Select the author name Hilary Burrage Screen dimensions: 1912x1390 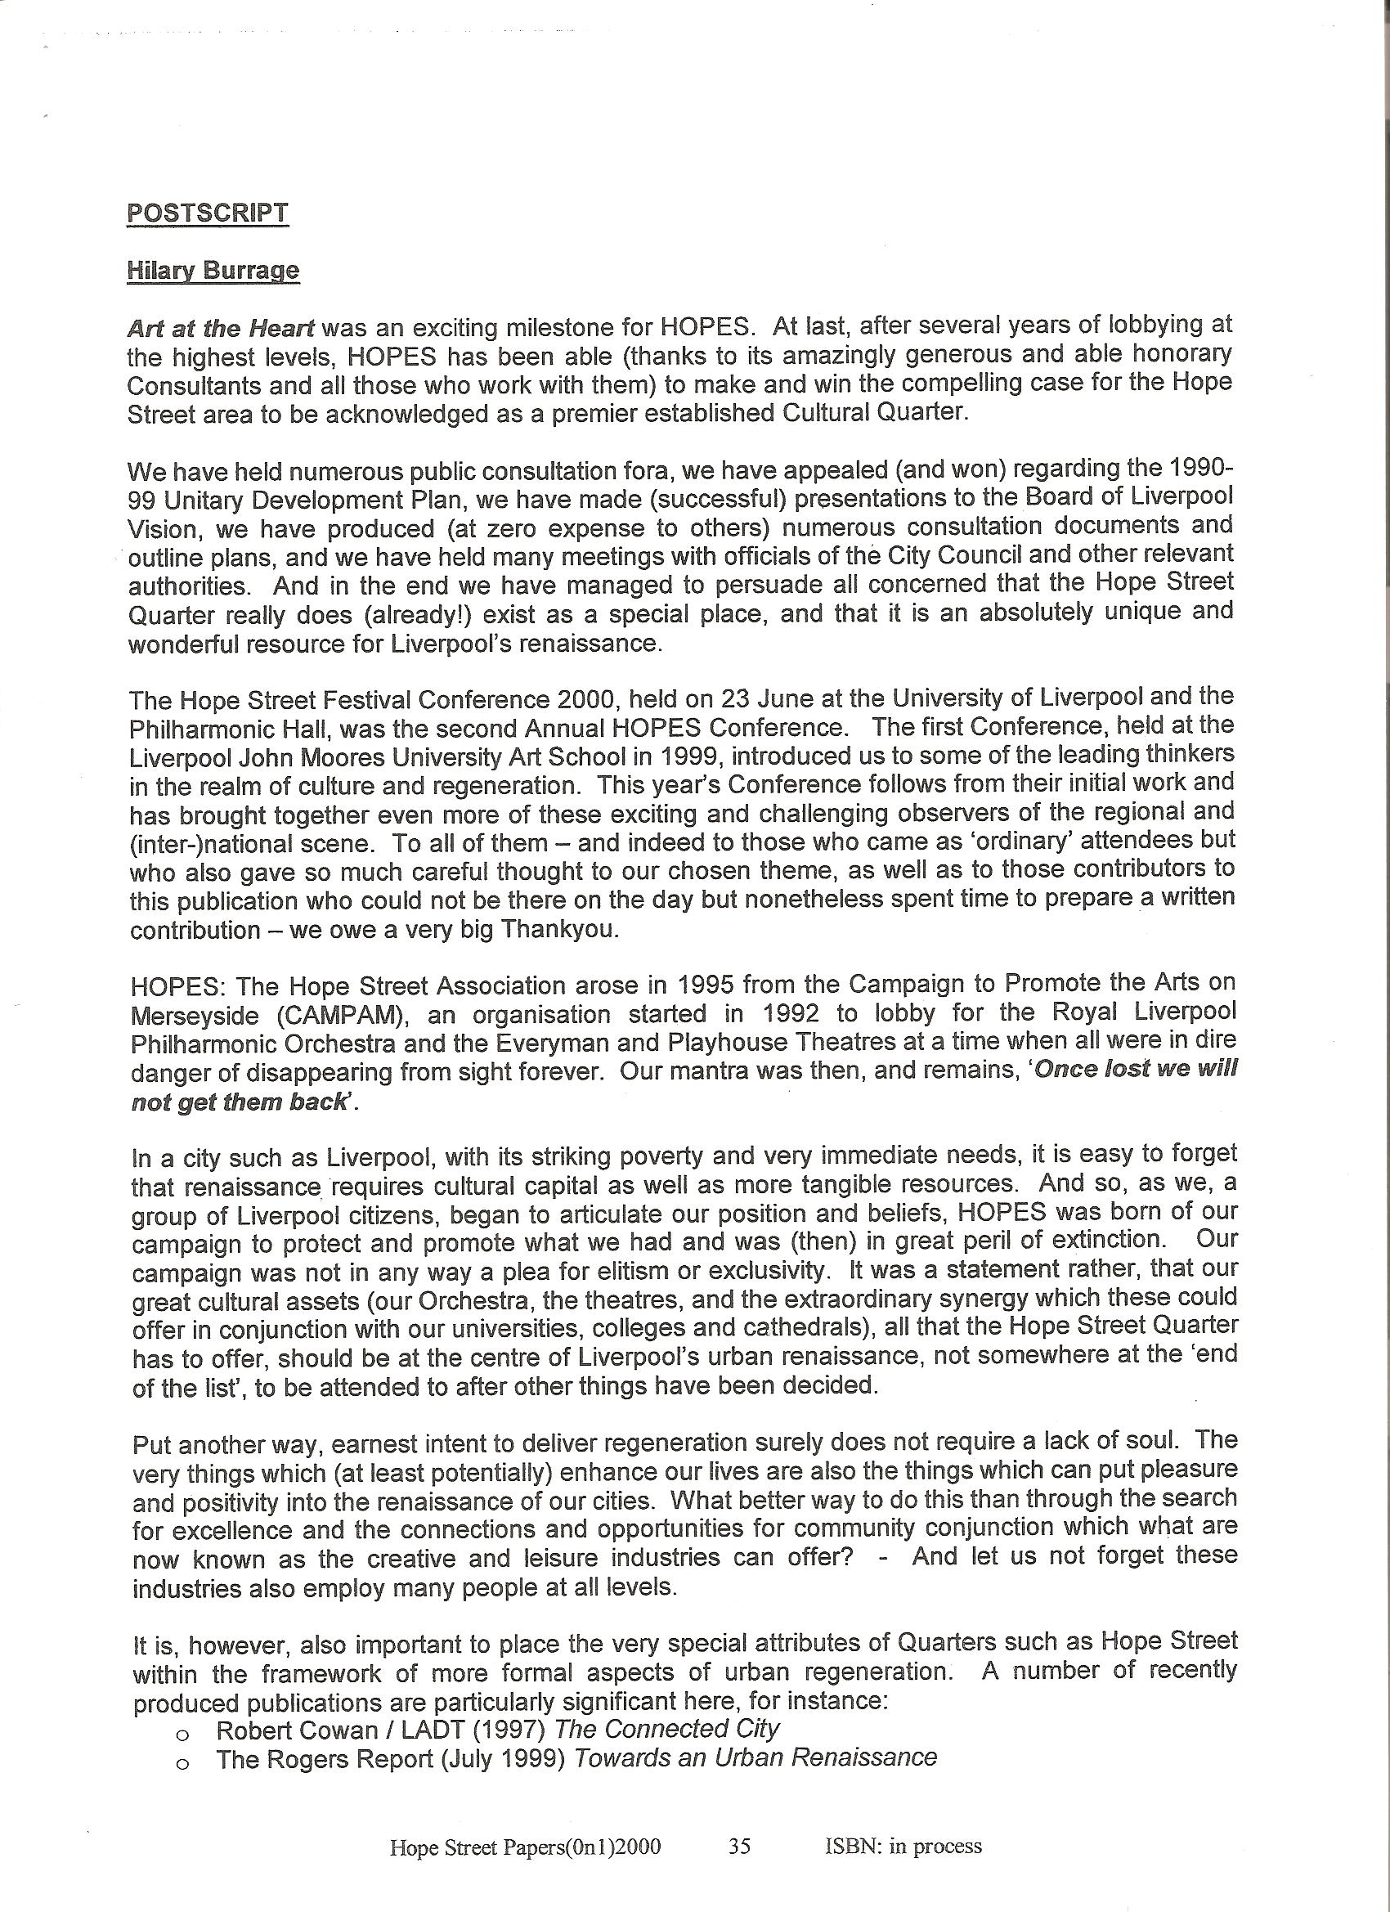213,271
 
